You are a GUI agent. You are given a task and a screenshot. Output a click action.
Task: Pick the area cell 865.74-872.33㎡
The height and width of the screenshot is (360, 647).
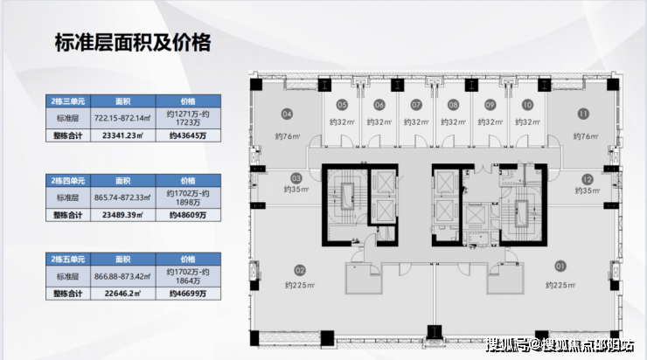[x=122, y=198]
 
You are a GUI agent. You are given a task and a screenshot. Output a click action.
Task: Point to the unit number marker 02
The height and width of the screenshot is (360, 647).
[x=299, y=270]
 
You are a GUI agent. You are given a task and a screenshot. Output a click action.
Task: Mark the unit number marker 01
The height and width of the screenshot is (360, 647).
[x=560, y=265]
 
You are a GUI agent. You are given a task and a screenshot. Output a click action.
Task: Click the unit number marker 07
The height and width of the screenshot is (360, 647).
[x=415, y=105]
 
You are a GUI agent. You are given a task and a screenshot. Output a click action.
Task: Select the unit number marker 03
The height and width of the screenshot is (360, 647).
[x=296, y=177]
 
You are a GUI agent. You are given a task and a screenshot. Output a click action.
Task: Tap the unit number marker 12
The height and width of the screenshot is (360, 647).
[x=587, y=177]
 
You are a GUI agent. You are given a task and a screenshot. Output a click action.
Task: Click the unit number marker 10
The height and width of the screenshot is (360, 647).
[x=527, y=105]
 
